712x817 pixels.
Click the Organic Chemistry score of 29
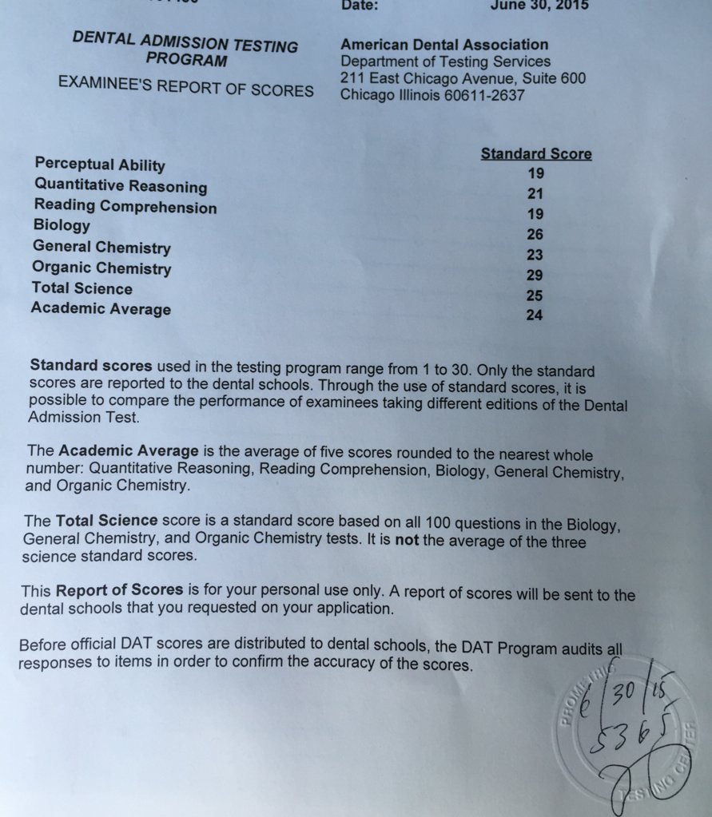535,275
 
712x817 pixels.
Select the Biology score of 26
535,234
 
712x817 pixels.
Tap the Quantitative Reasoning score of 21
535,192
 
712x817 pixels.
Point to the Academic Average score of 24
534,315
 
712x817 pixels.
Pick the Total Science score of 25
535,295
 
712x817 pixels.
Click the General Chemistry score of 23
535,255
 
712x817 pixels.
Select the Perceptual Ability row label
100,165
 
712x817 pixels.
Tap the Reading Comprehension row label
125,206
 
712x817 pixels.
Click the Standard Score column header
535,154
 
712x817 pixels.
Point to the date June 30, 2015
539,6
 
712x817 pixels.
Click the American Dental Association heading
444,45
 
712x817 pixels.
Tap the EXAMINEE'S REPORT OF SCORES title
185,86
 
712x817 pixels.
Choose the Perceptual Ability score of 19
535,173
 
